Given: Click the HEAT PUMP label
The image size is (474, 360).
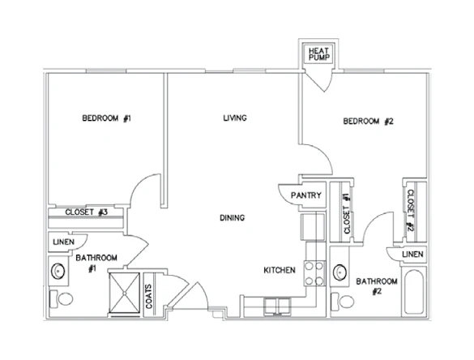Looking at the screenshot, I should coord(315,54).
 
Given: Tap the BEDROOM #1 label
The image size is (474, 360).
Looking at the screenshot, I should coord(107,119).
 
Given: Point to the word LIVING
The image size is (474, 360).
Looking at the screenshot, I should coord(235,118).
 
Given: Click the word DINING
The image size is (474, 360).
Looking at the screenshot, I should coord(233,217).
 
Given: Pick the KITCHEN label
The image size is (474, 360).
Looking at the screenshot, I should coord(278,270).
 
